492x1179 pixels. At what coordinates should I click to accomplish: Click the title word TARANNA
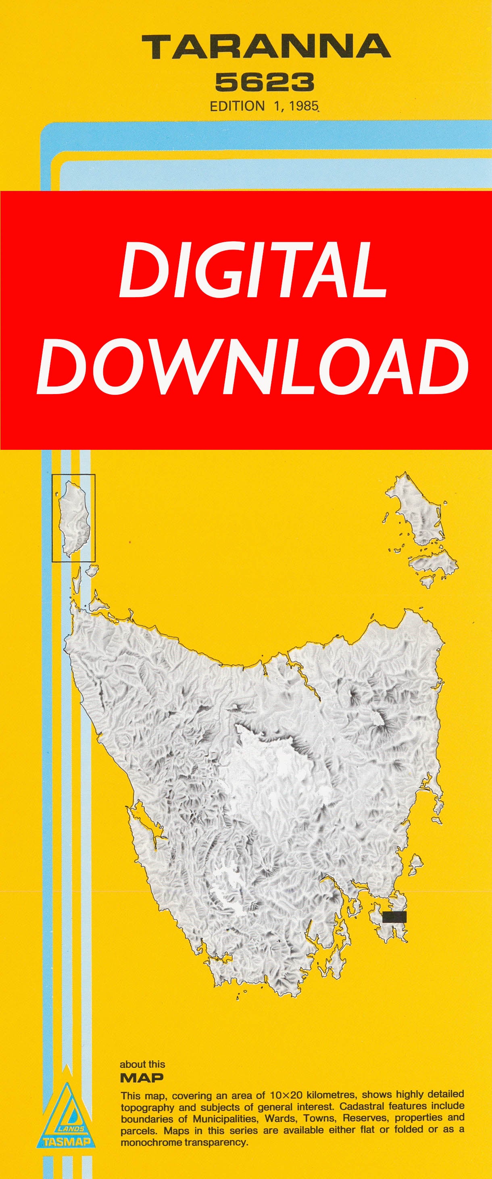[266, 47]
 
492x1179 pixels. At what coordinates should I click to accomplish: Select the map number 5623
[264, 83]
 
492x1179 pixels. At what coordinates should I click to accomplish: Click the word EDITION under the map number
[237, 106]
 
